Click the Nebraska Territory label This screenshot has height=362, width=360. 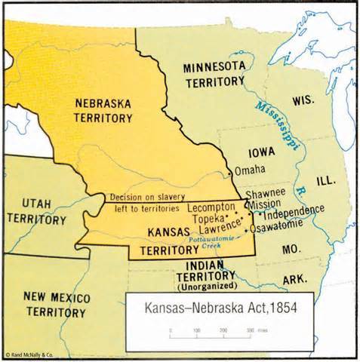coord(103,109)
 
